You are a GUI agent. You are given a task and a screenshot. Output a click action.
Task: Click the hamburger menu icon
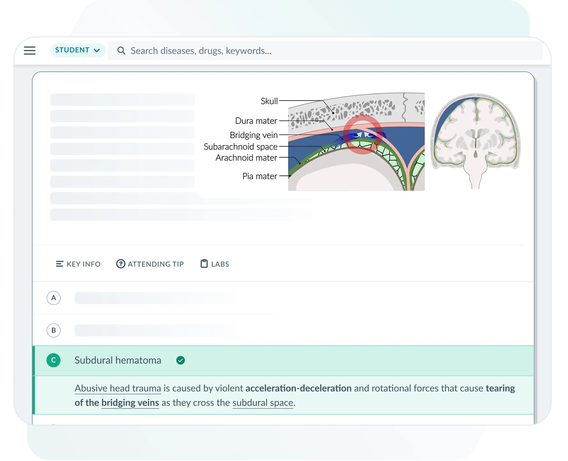coord(30,51)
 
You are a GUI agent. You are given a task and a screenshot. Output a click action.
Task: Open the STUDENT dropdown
coord(78,50)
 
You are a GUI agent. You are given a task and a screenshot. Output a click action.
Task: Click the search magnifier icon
coord(121,51)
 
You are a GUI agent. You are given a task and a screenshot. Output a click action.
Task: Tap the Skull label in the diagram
coord(269,101)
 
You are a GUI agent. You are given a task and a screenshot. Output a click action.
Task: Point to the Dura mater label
coord(256,121)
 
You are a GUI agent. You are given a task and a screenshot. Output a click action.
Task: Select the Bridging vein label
coord(254,135)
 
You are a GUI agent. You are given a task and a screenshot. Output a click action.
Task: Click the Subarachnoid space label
coord(241,147)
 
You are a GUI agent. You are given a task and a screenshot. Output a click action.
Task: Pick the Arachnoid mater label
coord(246,158)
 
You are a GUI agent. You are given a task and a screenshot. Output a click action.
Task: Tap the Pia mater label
coord(259,176)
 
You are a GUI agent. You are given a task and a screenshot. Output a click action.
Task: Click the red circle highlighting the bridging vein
coord(362,135)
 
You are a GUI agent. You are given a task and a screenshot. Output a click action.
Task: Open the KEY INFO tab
coord(78,264)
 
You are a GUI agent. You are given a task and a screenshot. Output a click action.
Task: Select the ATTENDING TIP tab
coord(150,264)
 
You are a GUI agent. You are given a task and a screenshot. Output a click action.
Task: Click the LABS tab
coord(215,264)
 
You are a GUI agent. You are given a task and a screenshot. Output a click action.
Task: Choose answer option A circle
coord(53,298)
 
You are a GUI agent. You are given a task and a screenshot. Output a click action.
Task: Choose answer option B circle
coord(53,330)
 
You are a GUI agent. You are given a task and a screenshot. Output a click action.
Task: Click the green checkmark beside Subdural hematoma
coord(181,360)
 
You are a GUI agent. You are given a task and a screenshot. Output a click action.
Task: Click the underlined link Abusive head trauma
coord(118,388)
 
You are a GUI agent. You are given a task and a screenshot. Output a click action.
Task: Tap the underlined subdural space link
coord(263,403)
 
